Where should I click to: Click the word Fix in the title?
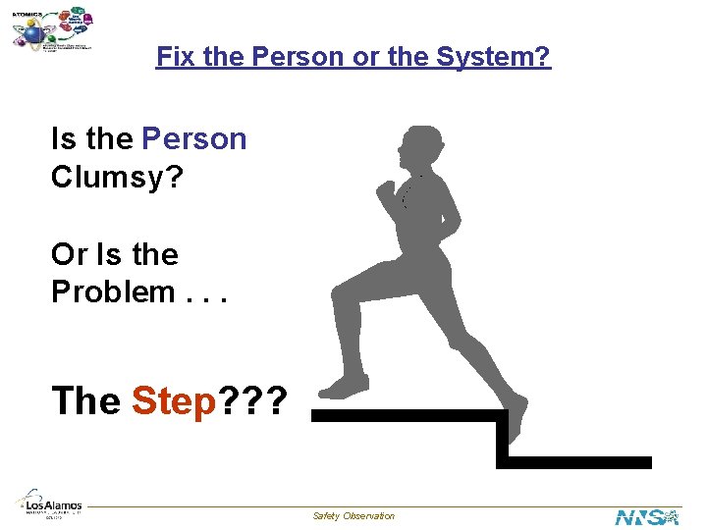pyautogui.click(x=174, y=57)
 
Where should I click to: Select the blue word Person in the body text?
pyautogui.click(x=194, y=139)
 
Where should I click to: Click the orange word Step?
pyautogui.click(x=173, y=400)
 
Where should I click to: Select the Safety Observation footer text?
pyautogui.click(x=353, y=516)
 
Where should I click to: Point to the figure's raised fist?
pyautogui.click(x=385, y=188)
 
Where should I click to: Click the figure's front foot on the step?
pyautogui.click(x=346, y=386)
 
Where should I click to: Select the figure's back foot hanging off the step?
pyautogui.click(x=517, y=417)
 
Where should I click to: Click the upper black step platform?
pyautogui.click(x=403, y=415)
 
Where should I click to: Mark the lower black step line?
pyautogui.click(x=579, y=461)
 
